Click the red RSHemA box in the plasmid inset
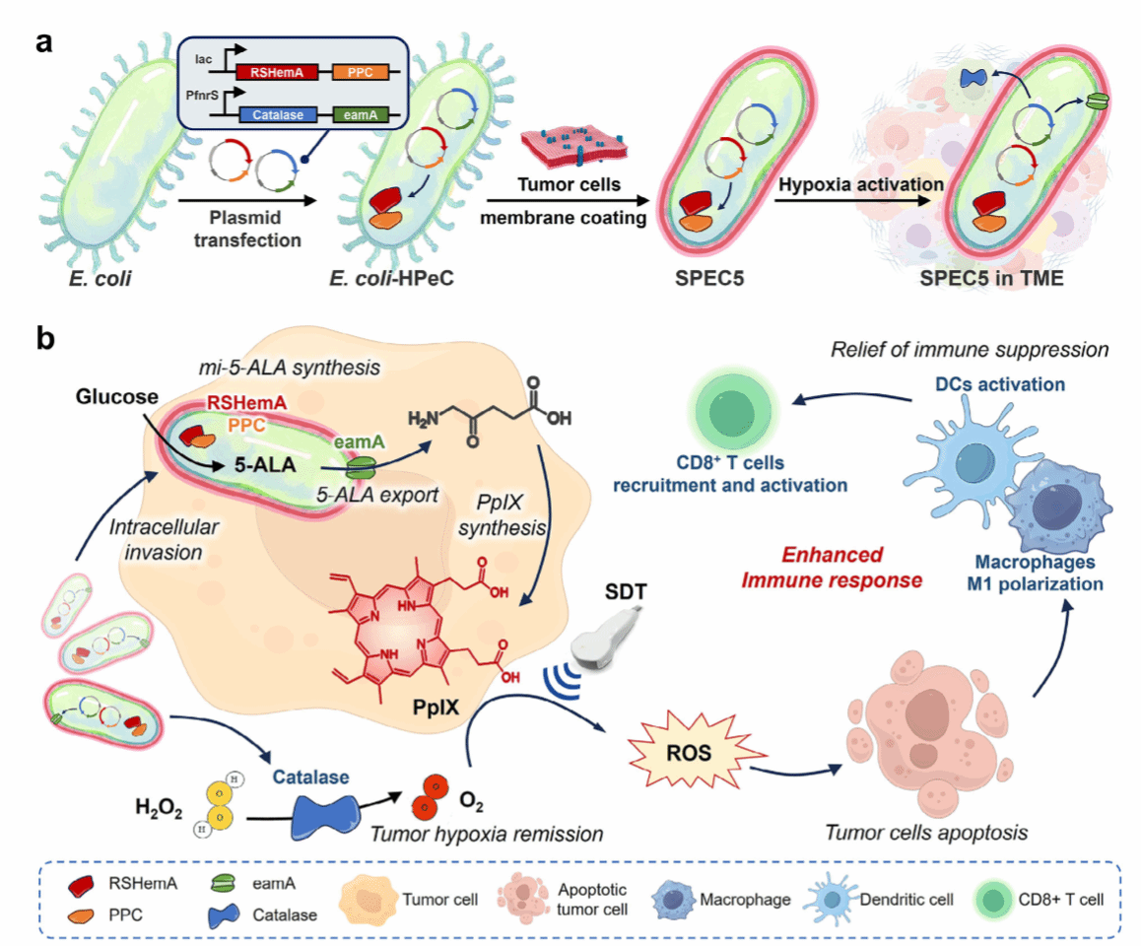(x=277, y=72)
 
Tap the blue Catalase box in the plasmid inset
(x=277, y=114)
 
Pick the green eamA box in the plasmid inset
(x=360, y=114)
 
